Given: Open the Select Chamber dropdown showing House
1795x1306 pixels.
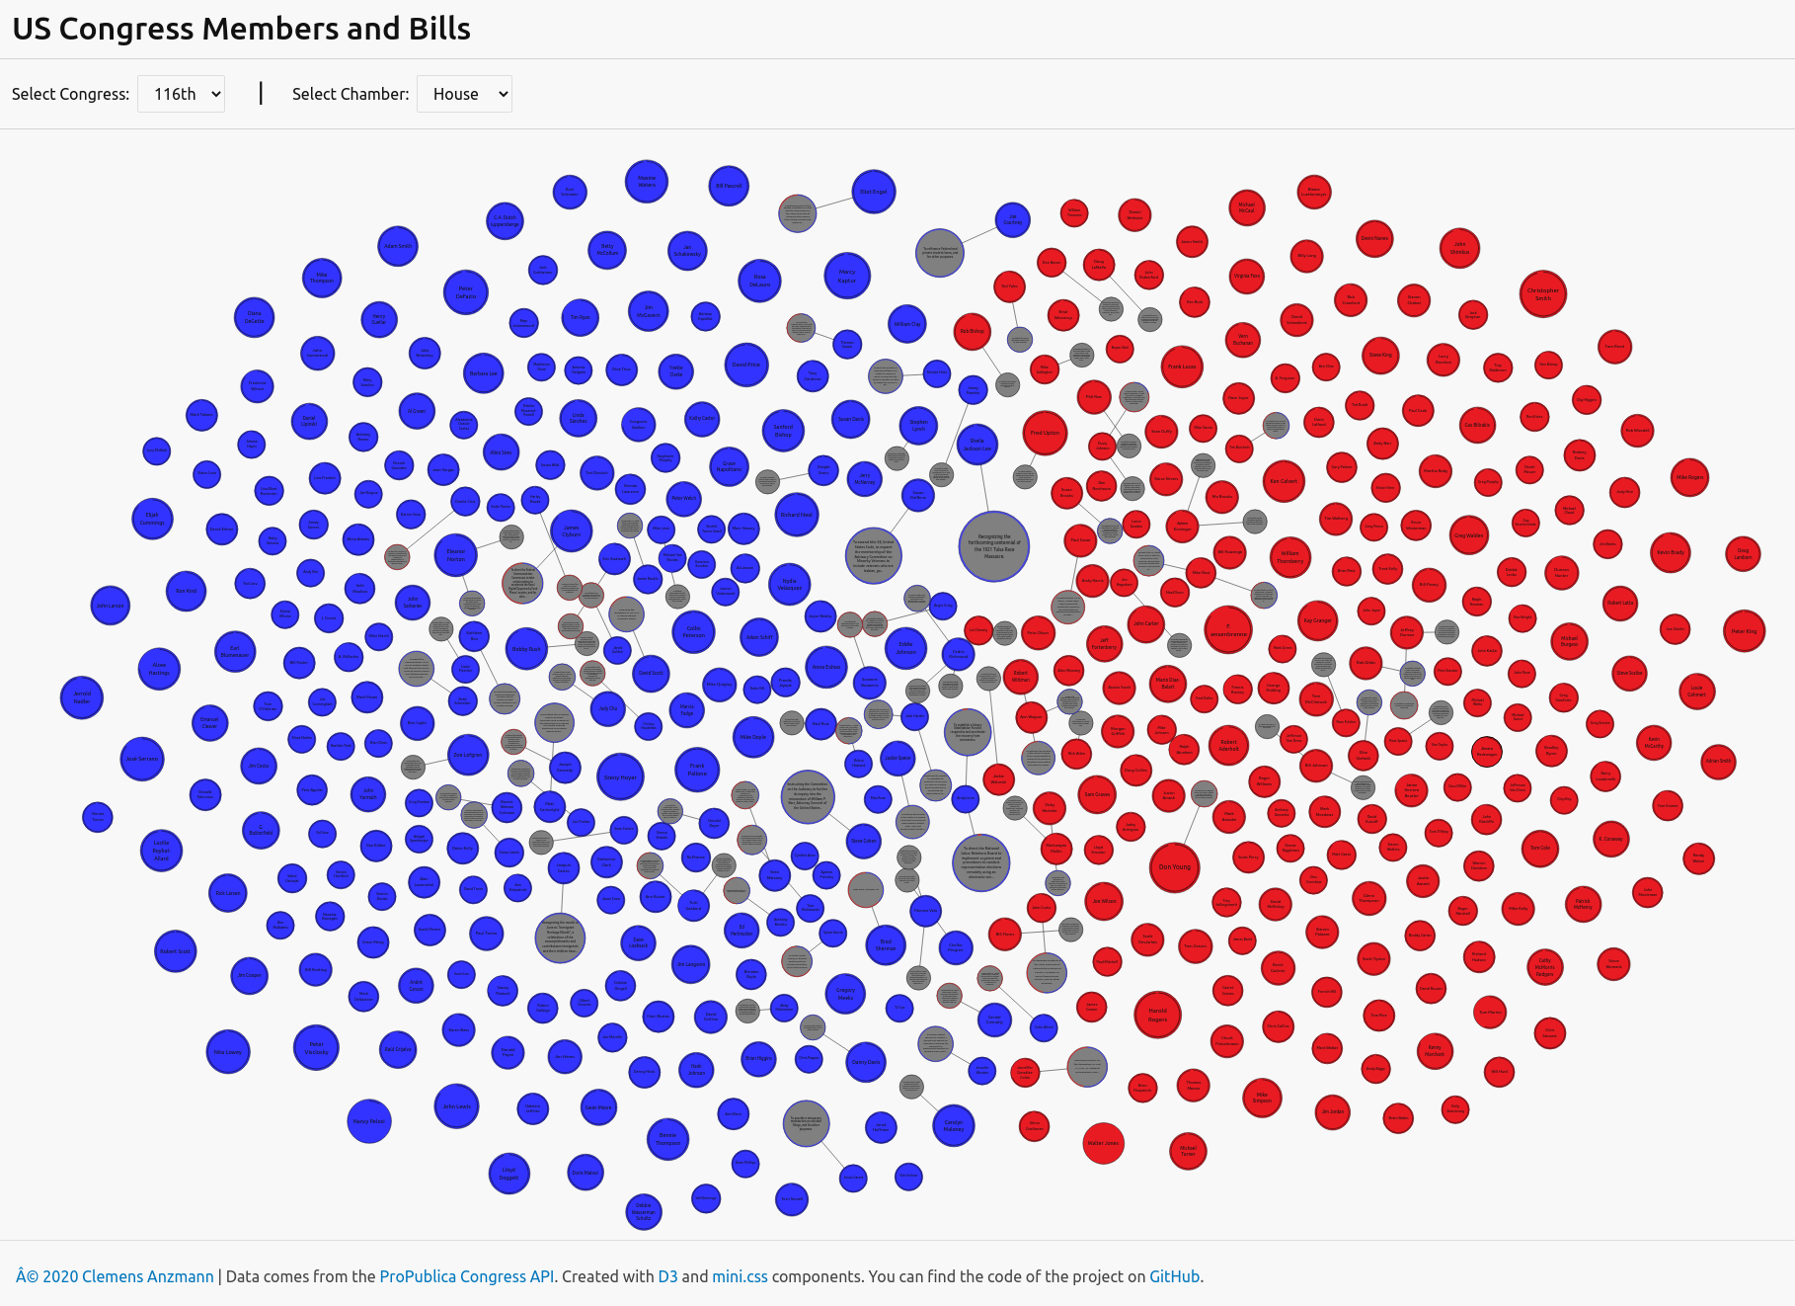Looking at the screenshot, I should pyautogui.click(x=464, y=94).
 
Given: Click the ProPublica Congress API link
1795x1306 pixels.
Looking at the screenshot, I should pyautogui.click(x=466, y=1276).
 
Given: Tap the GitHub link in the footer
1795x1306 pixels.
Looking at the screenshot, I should pyautogui.click(x=1174, y=1276).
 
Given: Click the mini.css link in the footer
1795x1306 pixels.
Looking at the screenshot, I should pyautogui.click(x=740, y=1276).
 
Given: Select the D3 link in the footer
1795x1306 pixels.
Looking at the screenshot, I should pyautogui.click(x=667, y=1276).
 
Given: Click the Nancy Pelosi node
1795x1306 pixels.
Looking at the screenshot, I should pyautogui.click(x=369, y=1121).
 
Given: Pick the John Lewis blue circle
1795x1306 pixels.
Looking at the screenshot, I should pyautogui.click(x=456, y=1106).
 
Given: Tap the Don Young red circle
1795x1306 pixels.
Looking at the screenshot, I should pyautogui.click(x=1174, y=866).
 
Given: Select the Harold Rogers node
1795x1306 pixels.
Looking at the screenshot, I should pyautogui.click(x=1157, y=1015).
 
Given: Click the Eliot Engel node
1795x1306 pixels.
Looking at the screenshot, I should pyautogui.click(x=873, y=192).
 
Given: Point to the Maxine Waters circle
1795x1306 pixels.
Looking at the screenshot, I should pyautogui.click(x=647, y=182).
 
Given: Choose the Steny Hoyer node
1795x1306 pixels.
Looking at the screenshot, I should pyautogui.click(x=620, y=776).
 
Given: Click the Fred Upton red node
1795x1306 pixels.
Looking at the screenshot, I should pyautogui.click(x=1045, y=433).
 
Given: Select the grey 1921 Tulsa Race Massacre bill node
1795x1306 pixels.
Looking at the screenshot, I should pyautogui.click(x=994, y=546).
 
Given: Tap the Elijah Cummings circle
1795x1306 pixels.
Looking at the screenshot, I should pyautogui.click(x=152, y=519).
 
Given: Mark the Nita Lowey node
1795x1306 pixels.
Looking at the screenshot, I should pyautogui.click(x=228, y=1052).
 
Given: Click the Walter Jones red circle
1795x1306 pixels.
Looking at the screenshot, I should pyautogui.click(x=1103, y=1143).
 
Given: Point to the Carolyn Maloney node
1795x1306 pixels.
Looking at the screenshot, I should pyautogui.click(x=954, y=1125).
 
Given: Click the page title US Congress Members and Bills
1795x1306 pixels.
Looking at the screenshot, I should pyautogui.click(x=241, y=29).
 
